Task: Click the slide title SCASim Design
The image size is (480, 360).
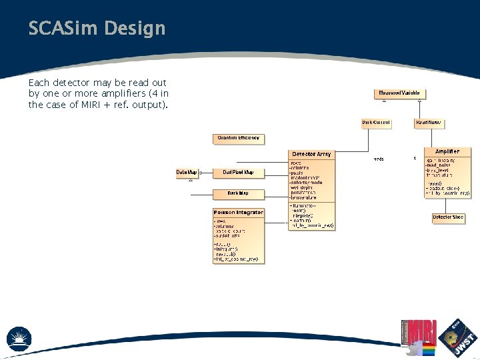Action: [97, 29]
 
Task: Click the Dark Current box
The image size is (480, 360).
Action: [376, 123]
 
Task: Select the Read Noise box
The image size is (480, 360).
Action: [429, 123]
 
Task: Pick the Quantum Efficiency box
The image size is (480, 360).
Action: [239, 139]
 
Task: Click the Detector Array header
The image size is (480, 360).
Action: [311, 154]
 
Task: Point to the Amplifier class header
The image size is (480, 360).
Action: [447, 152]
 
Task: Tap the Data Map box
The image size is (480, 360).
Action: [187, 173]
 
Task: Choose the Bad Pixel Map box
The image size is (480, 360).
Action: [238, 173]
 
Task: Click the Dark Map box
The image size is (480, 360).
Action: [238, 193]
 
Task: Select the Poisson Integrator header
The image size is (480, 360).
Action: [238, 213]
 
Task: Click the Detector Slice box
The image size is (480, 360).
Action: [447, 217]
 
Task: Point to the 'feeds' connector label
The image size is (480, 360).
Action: [379, 159]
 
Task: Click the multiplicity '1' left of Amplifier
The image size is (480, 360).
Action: [415, 158]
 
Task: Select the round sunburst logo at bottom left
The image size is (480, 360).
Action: [19, 338]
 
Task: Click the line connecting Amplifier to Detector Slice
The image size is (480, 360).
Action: [447, 205]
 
